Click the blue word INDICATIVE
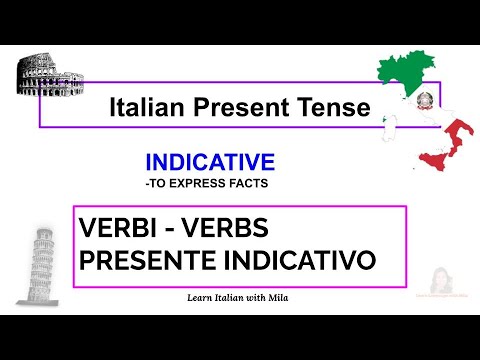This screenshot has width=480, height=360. pos(210,162)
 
